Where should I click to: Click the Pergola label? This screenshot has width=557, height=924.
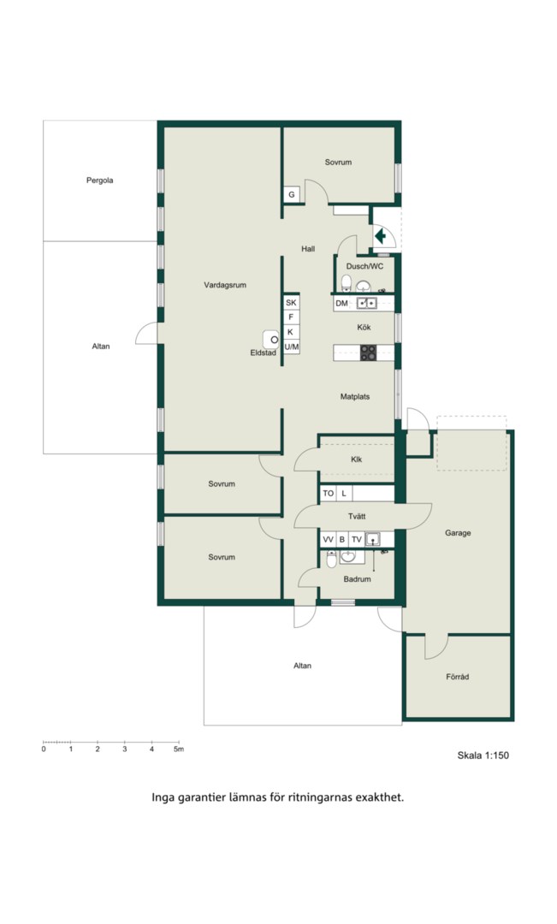pos(99,181)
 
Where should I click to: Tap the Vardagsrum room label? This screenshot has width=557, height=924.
pos(225,285)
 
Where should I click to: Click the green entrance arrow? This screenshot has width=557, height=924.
pos(381,236)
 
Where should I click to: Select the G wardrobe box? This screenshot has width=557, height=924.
pos(291,194)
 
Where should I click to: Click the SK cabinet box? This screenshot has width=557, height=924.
pos(291,302)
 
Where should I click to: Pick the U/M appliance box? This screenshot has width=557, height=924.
pos(291,347)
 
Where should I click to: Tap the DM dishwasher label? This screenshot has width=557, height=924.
pos(342,304)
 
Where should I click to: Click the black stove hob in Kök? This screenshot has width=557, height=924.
pos(369,353)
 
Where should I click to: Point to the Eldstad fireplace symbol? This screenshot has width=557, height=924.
pos(271,340)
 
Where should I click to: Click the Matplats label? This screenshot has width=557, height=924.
pos(355,397)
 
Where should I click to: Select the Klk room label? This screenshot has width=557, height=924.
pos(357,459)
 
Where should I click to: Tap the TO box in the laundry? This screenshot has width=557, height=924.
pos(329,494)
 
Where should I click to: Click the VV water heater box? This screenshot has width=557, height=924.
pos(329,539)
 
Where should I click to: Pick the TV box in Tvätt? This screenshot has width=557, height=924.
pos(357,539)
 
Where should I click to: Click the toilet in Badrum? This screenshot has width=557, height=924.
pos(332,560)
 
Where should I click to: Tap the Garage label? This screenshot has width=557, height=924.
pos(458,533)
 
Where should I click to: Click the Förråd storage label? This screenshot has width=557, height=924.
pos(458,677)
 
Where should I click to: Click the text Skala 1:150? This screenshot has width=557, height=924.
pos(483,755)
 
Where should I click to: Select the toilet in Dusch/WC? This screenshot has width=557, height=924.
pos(347,283)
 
